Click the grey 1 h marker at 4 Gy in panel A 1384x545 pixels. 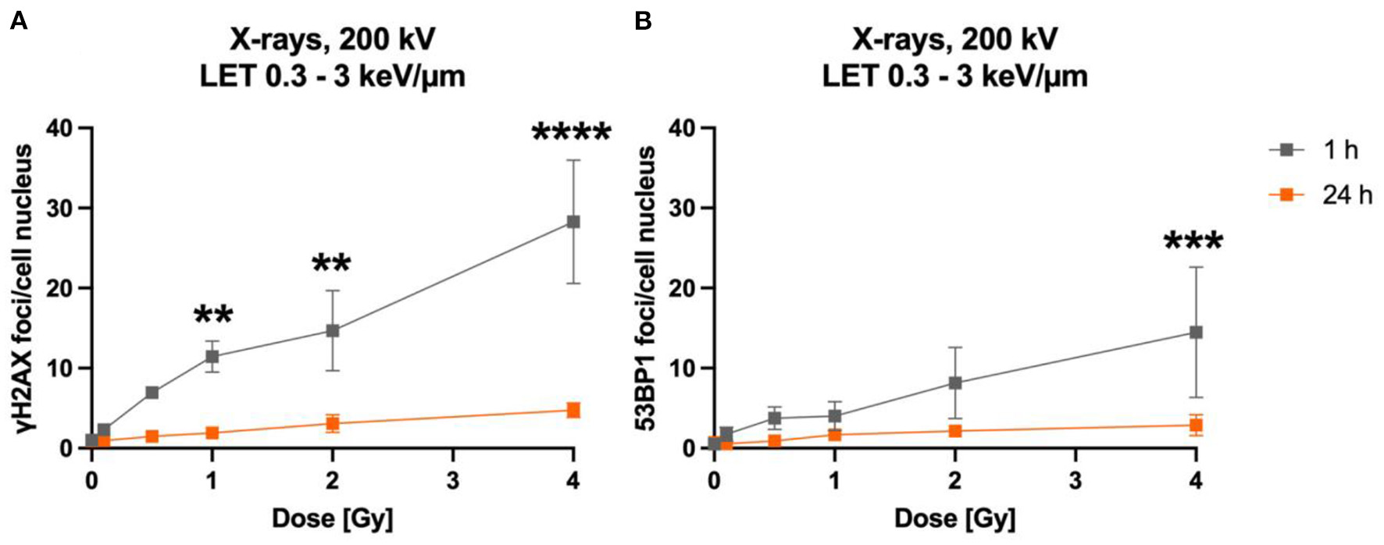[x=573, y=222]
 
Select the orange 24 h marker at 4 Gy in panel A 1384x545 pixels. [x=573, y=410]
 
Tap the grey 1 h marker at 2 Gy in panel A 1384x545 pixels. [x=333, y=330]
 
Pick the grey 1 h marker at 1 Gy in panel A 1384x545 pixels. [x=212, y=356]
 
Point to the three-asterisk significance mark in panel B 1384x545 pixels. [x=1193, y=242]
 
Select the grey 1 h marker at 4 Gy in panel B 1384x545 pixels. [x=1195, y=332]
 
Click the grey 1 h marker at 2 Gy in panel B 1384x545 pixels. [x=954, y=383]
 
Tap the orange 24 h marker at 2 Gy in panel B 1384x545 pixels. [x=954, y=431]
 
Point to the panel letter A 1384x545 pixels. [x=18, y=21]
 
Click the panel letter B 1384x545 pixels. [x=643, y=21]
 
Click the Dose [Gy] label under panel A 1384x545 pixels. [x=332, y=518]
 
